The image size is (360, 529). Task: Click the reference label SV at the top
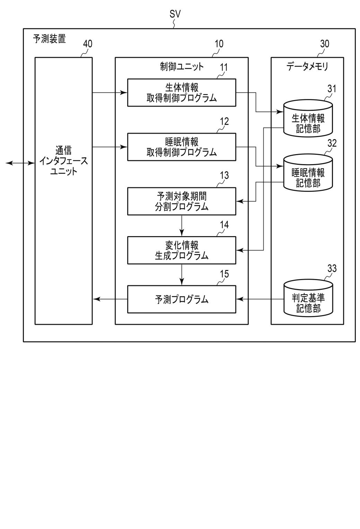[175, 14]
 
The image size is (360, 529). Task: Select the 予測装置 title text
[49, 38]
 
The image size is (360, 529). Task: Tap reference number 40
[88, 44]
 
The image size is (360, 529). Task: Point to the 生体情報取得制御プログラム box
[182, 92]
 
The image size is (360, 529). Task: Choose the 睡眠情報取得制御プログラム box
[182, 147]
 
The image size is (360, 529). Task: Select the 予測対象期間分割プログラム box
[182, 201]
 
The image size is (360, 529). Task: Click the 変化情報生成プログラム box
[182, 250]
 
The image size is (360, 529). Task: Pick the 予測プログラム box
[182, 299]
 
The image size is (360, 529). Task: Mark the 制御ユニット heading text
[182, 66]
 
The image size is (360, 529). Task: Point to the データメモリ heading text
[307, 66]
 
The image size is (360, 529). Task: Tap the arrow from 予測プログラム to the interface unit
[110, 299]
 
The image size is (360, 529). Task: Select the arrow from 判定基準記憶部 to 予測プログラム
[260, 299]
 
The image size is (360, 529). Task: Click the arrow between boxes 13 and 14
[182, 226]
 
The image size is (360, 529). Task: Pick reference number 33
[332, 268]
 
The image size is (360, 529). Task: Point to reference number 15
[224, 274]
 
